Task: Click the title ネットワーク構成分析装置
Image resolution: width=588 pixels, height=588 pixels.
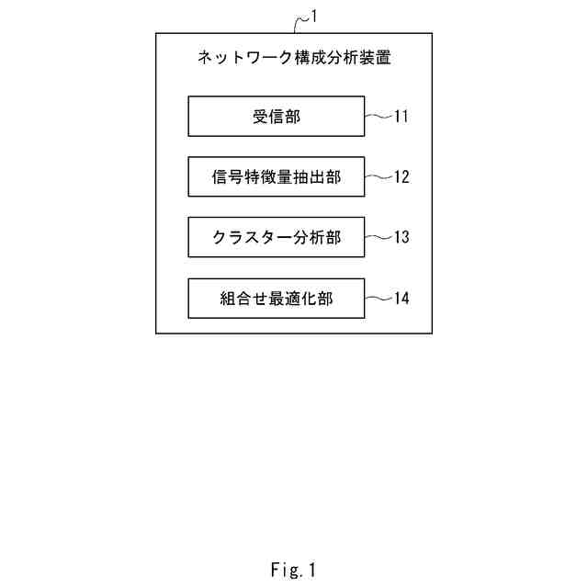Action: [x=294, y=58]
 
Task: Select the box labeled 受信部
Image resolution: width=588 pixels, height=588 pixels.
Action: [x=276, y=116]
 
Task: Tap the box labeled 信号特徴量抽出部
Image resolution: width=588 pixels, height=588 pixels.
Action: [x=276, y=176]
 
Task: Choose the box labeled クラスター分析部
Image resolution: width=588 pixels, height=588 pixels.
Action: [x=276, y=237]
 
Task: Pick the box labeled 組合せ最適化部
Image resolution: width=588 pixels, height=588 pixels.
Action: [x=276, y=298]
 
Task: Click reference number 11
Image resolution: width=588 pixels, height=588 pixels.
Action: [x=401, y=117]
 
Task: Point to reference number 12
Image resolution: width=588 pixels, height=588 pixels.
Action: [x=401, y=177]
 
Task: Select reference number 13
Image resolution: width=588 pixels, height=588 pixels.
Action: [x=401, y=238]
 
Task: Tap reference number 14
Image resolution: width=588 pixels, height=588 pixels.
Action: [x=401, y=299]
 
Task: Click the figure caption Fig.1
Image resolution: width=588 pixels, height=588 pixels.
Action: [x=293, y=570]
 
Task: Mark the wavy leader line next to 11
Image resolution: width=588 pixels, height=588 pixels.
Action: [x=378, y=116]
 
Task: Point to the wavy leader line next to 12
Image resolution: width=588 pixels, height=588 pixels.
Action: [x=378, y=176]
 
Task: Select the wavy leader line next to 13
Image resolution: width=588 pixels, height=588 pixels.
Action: [x=378, y=237]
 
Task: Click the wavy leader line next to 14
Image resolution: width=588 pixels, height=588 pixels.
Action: [x=378, y=298]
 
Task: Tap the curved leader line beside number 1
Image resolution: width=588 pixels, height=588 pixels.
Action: [x=301, y=22]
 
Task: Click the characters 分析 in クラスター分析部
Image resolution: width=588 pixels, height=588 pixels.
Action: [x=308, y=237]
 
